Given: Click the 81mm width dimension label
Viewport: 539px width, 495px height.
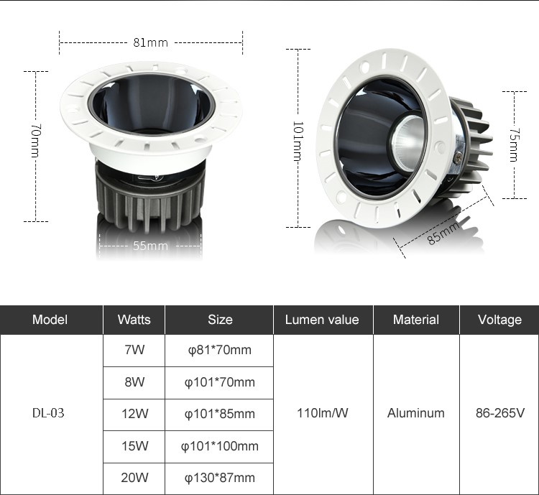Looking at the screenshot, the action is click(151, 42).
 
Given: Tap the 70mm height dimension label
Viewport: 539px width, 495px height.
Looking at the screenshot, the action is click(36, 141).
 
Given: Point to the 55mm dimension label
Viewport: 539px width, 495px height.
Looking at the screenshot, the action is click(151, 246).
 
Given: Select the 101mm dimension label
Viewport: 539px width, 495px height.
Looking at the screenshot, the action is click(298, 141).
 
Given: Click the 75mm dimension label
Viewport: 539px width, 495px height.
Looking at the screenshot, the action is click(514, 144).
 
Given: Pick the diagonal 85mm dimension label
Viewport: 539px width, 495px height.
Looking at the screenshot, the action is click(443, 233).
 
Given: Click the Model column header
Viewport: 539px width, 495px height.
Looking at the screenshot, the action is click(50, 320).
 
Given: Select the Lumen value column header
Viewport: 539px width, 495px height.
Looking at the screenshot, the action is click(322, 320).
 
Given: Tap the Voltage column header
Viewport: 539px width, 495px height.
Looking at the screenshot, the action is click(499, 320).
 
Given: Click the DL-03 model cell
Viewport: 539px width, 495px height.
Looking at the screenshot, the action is click(48, 413).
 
